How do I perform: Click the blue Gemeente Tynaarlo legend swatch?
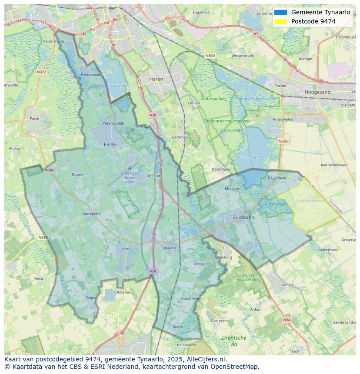pyautogui.click(x=280, y=12)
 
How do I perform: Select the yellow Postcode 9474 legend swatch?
pyautogui.click(x=280, y=21)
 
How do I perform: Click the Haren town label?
pyautogui.click(x=156, y=79)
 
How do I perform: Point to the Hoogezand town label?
pyautogui.click(x=317, y=92)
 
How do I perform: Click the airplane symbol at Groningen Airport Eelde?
pyautogui.click(x=130, y=168)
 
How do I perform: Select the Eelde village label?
pyautogui.click(x=110, y=144)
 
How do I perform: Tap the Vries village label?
pyautogui.click(x=126, y=248)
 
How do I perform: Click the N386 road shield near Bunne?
pyautogui.click(x=49, y=170)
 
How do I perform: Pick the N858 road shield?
pyautogui.click(x=43, y=238)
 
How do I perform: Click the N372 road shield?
pyautogui.click(x=42, y=72)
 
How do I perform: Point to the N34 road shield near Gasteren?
pyautogui.click(x=286, y=320)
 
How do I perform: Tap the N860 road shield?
pyautogui.click(x=210, y=56)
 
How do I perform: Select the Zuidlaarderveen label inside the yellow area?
pyautogui.click(x=310, y=201)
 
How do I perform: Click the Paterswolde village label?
pyautogui.click(x=113, y=123)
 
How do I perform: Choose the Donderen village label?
pyautogui.click(x=91, y=214)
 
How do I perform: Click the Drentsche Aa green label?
pyautogui.click(x=234, y=341)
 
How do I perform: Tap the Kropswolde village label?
pyautogui.click(x=283, y=119)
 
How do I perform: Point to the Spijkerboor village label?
pyautogui.click(x=327, y=250)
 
